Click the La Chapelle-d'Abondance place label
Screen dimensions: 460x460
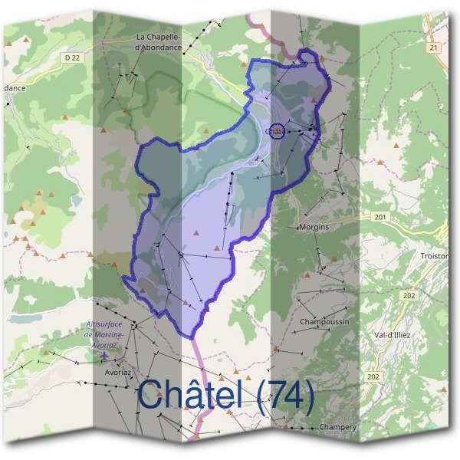158,41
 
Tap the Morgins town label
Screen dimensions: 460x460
314,228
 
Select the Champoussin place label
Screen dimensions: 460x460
324,321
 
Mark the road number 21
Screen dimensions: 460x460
434,48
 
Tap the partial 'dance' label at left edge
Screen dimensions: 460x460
14,88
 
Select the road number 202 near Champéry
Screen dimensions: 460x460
373,376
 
